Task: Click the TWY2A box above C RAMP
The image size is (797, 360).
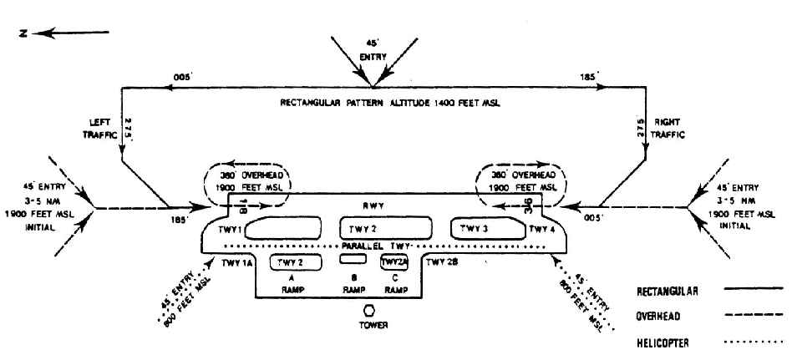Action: [x=394, y=261]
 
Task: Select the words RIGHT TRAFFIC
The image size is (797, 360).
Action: [x=669, y=127]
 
